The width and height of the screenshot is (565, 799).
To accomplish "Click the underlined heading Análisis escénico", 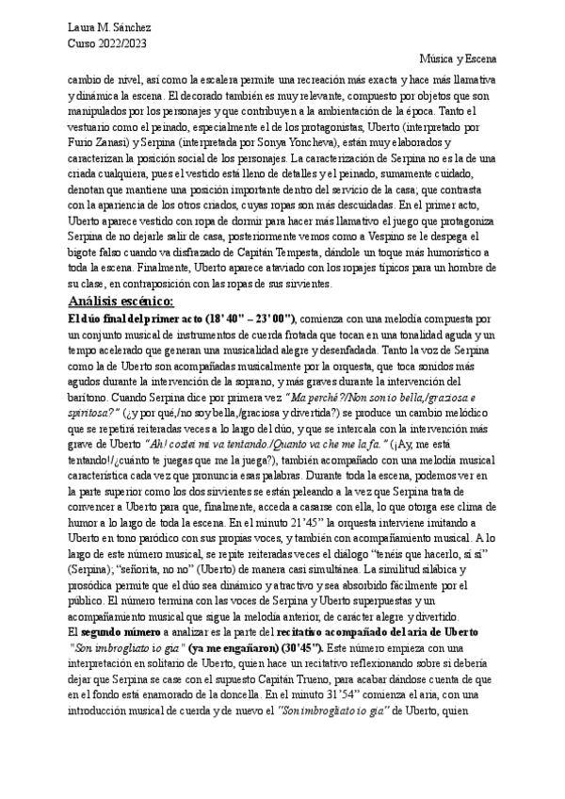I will point(121,301).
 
